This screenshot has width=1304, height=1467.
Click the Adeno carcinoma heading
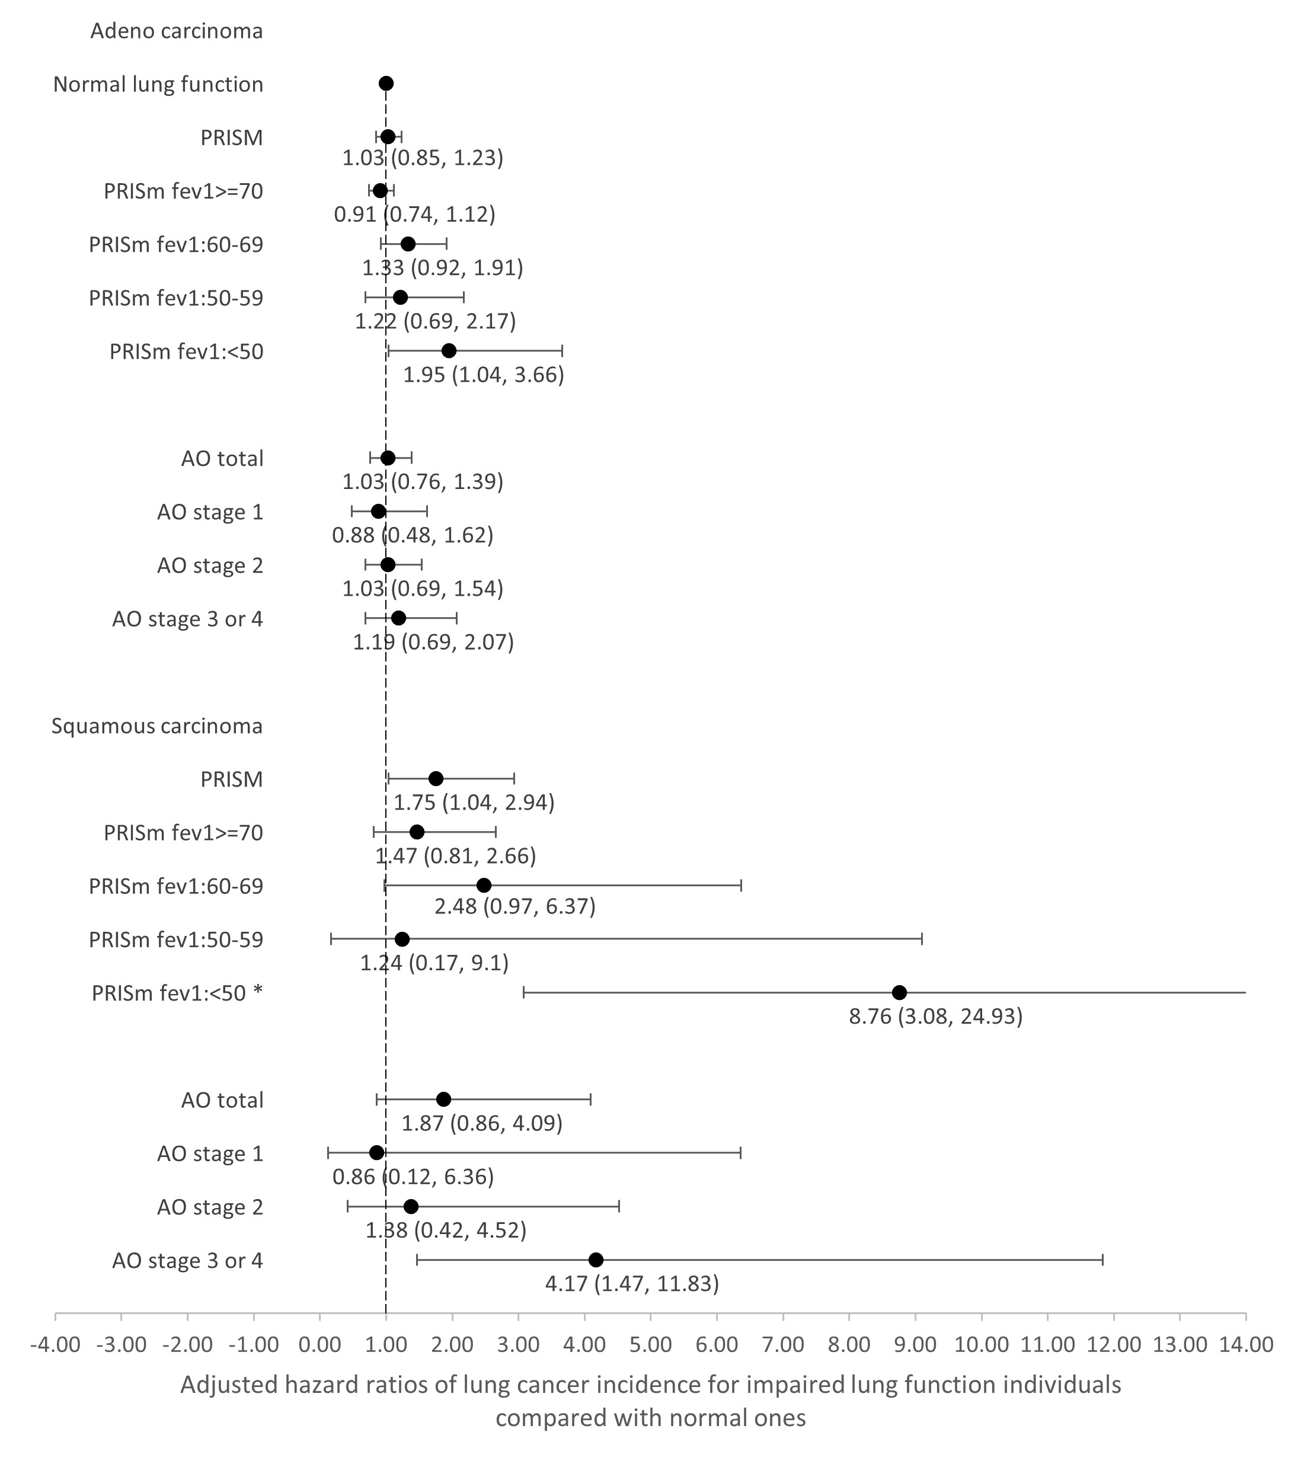[177, 31]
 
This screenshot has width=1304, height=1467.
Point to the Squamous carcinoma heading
[157, 725]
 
